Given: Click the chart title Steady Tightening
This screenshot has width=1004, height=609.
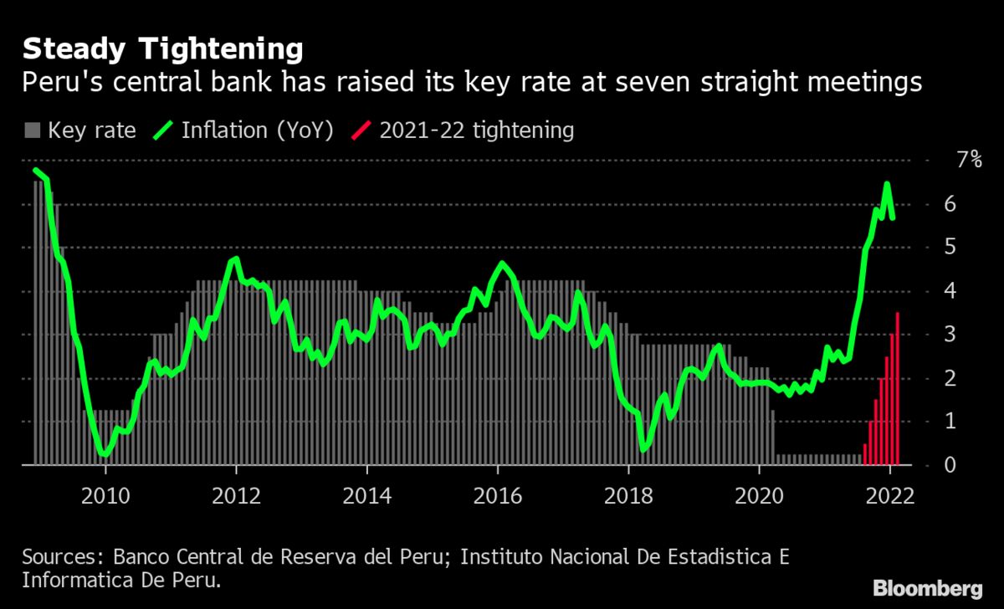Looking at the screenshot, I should click(x=162, y=50).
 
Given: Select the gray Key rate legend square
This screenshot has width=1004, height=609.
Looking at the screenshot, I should click(x=33, y=130).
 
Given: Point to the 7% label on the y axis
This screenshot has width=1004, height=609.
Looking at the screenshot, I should click(x=969, y=160).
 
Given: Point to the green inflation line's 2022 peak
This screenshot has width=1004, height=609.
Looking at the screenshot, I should click(x=887, y=184).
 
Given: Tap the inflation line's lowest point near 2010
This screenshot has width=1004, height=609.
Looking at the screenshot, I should click(x=103, y=453).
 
